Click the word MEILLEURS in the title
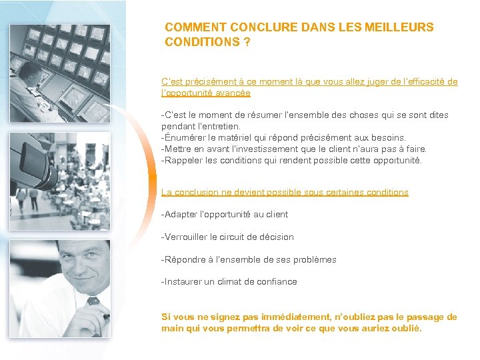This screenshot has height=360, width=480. pyautogui.click(x=399, y=27)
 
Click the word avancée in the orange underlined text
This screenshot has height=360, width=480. pyautogui.click(x=233, y=93)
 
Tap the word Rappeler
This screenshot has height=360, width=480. pyautogui.click(x=184, y=161)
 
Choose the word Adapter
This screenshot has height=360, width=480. pyautogui.click(x=182, y=215)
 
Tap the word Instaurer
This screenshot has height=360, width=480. pyautogui.click(x=184, y=282)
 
